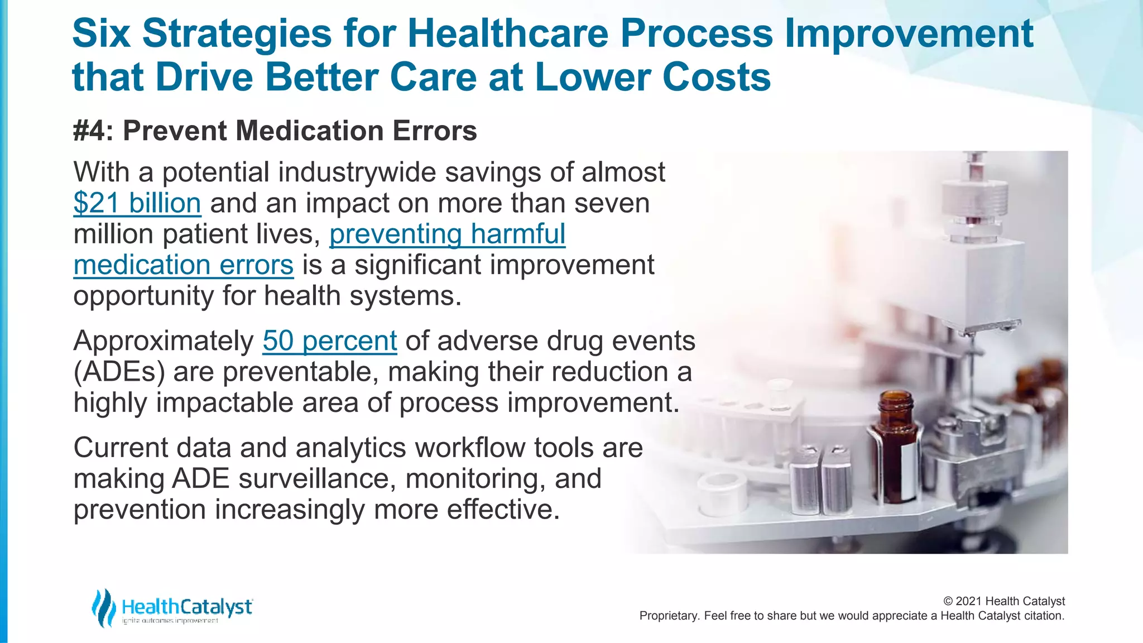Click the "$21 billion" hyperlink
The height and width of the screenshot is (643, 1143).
tap(137, 203)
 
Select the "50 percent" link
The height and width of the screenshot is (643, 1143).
tap(329, 341)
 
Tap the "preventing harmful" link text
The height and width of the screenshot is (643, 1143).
tap(447, 234)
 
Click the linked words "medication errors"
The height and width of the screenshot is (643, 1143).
tap(183, 265)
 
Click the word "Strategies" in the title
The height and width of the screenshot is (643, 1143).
tap(237, 33)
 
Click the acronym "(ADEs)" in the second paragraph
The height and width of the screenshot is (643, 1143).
tap(119, 372)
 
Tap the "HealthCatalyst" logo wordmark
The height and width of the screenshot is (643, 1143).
tap(187, 607)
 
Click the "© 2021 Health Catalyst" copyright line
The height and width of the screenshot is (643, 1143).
tap(1003, 601)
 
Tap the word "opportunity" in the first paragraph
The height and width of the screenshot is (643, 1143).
tap(143, 296)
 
